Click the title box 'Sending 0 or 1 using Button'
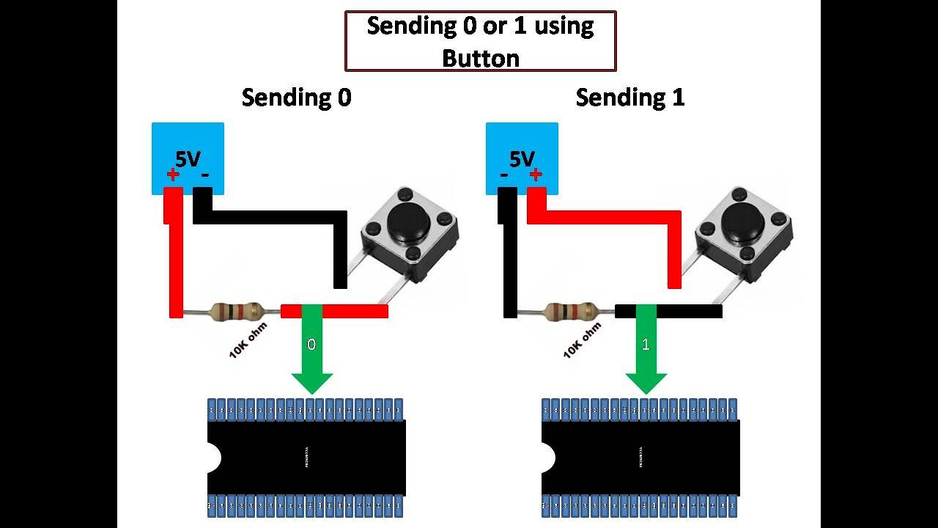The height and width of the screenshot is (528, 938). pyautogui.click(x=480, y=41)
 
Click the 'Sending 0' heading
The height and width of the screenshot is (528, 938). pyautogui.click(x=296, y=98)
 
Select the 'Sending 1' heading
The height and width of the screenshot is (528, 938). pyautogui.click(x=629, y=98)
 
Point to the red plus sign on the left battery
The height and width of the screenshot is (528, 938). pyautogui.click(x=172, y=175)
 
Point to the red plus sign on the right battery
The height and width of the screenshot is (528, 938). pyautogui.click(x=535, y=175)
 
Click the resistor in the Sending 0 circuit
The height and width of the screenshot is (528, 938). pyautogui.click(x=235, y=311)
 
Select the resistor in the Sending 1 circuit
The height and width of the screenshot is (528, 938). pyautogui.click(x=569, y=311)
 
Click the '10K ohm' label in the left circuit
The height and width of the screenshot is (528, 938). pyautogui.click(x=248, y=340)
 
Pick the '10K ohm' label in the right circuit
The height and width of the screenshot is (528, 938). pyautogui.click(x=582, y=340)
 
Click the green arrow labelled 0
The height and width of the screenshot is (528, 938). pyautogui.click(x=311, y=352)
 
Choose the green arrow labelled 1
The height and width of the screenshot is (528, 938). pyautogui.click(x=646, y=352)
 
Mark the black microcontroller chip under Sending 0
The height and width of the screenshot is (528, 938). pyautogui.click(x=306, y=458)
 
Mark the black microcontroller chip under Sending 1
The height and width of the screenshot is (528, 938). pyautogui.click(x=640, y=458)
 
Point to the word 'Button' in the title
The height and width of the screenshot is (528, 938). pyautogui.click(x=480, y=57)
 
